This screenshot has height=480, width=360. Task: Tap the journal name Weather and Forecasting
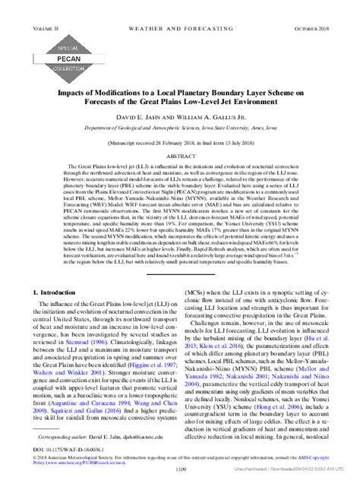[x=180, y=8]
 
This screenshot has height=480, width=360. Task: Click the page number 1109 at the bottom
[x=180, y=469]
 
